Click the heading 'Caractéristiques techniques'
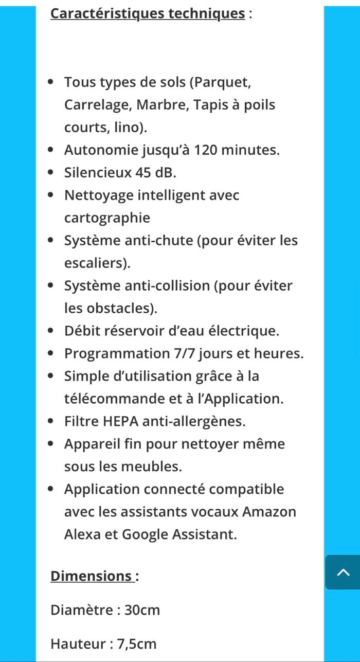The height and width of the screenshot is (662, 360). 148,13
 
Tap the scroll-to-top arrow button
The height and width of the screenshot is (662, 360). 343,572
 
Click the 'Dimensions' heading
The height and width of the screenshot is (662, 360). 91,576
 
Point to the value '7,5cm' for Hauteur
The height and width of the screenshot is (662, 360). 136,643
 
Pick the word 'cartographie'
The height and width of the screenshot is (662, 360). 107,218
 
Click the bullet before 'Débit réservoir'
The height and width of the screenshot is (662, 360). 50,331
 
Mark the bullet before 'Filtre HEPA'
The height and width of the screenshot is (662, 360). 50,421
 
